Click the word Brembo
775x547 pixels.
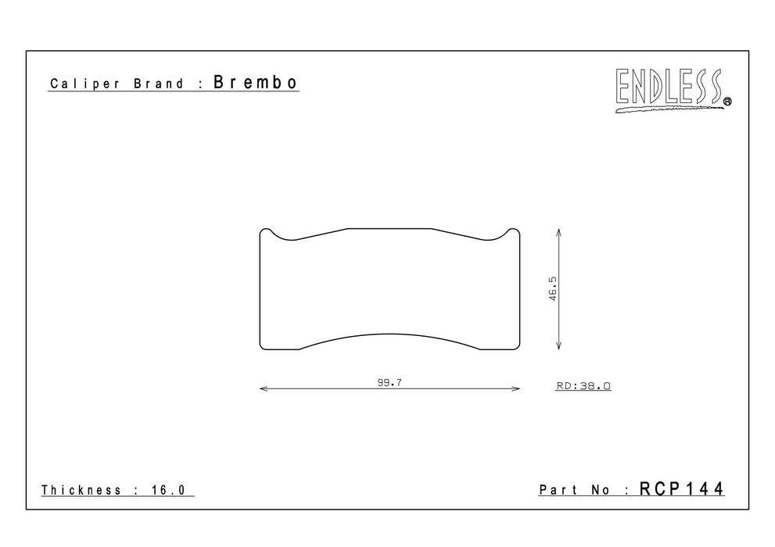point(256,82)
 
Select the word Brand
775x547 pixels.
point(159,84)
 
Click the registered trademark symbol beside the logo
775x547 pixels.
point(727,102)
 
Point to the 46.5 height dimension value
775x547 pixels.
point(553,288)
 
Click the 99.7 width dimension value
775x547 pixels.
point(389,382)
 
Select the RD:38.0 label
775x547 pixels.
point(583,385)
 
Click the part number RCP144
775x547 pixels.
point(682,488)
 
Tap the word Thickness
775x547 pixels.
point(81,490)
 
